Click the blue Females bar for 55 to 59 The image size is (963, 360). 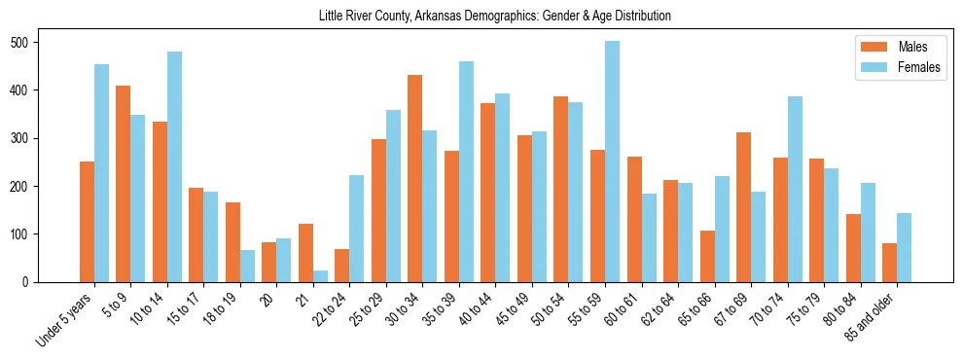click(612, 162)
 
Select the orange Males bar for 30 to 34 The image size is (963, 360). click(414, 178)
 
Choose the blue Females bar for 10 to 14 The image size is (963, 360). click(174, 166)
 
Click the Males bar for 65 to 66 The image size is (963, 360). click(707, 256)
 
